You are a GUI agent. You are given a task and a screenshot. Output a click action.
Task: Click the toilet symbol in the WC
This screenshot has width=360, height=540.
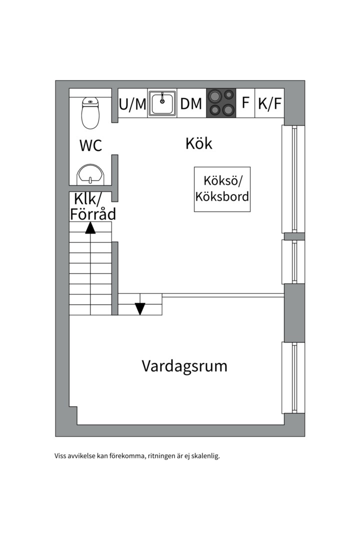[x=90, y=112]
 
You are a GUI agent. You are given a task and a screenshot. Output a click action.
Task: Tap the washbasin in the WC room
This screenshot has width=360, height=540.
[x=90, y=174]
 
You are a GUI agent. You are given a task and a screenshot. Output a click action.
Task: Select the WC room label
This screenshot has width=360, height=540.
[x=90, y=145]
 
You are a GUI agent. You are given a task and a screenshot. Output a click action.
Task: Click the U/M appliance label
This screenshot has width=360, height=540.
[x=132, y=104]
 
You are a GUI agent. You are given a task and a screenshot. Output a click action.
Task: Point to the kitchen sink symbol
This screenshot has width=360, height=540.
[x=162, y=103]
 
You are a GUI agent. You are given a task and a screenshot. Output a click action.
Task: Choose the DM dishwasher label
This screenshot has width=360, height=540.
[x=191, y=104]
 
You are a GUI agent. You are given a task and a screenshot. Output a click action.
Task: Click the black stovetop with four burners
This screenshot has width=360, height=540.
[x=221, y=103]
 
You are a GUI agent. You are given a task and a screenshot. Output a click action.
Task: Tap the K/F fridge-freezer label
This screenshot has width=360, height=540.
[x=270, y=103]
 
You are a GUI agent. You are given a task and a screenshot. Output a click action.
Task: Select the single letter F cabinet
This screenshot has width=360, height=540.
[x=245, y=103]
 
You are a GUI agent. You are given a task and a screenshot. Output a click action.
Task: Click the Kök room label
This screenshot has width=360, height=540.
[x=198, y=143]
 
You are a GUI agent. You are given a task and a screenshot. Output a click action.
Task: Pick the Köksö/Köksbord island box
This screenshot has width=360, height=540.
[x=222, y=189]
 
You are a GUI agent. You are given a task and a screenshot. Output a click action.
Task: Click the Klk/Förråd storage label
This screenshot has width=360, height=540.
[x=92, y=206]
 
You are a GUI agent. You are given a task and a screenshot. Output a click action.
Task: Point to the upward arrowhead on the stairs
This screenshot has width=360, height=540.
[x=90, y=228]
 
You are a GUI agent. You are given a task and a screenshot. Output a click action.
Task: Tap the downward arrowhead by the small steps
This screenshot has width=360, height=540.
[x=140, y=308]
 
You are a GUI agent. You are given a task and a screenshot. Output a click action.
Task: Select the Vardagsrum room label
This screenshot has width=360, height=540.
[x=184, y=366]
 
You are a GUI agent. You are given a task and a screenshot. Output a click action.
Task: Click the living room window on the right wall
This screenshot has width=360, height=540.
[x=294, y=377]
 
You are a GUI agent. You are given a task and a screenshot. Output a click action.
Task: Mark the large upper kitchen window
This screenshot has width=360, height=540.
[x=294, y=178]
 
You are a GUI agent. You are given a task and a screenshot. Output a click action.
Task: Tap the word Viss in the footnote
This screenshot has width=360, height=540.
[x=60, y=456]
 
